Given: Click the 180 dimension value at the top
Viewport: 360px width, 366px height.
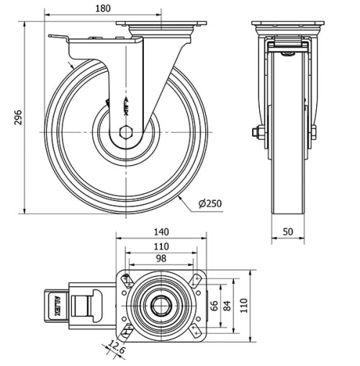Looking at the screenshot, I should (x=103, y=9).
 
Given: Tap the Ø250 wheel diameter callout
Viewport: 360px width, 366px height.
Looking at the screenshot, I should (x=209, y=204).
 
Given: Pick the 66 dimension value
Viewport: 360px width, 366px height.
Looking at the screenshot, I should (x=214, y=305).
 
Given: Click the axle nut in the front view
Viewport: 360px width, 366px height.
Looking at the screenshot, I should (x=257, y=131).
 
